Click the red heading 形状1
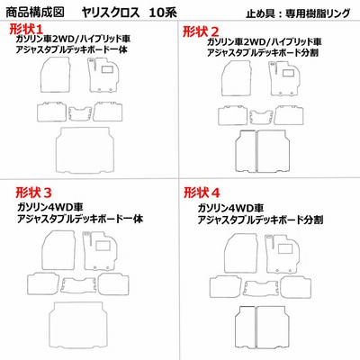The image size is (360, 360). point(26,29)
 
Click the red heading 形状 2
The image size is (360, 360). point(201,31)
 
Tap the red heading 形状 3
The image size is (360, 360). point(33,192)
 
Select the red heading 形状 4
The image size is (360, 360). point(202,193)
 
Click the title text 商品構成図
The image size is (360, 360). point(35,13)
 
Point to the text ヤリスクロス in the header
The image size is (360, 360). point(111,13)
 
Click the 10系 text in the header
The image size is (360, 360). point(164,13)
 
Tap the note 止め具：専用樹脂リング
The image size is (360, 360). point(298,13)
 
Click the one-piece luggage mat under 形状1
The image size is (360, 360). point(85,149)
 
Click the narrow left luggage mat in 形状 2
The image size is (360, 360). point(245,151)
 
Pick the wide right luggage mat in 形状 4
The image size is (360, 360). point(273,328)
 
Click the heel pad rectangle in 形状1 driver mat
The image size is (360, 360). point(107,69)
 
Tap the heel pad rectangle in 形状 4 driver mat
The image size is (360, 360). point(284,248)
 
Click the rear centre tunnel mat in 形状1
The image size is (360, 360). point(80,113)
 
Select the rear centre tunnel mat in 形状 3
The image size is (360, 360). point(79,285)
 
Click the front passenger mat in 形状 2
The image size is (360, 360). point(236,78)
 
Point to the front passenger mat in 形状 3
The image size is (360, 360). point(58,250)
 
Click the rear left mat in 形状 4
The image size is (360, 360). point(225,285)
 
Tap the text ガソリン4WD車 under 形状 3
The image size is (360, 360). point(50,207)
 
